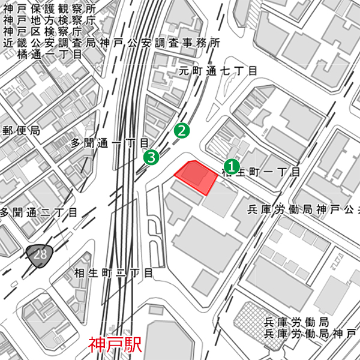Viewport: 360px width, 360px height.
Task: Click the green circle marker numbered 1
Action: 232,166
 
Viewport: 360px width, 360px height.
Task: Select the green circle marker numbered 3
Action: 151,158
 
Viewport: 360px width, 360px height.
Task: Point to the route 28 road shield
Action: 40,254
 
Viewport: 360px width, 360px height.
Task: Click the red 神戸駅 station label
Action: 115,345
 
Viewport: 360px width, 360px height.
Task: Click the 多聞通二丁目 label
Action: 39,212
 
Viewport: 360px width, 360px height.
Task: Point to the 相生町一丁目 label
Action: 261,172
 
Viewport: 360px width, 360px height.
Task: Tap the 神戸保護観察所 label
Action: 49,10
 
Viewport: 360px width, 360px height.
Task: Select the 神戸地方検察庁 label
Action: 49,21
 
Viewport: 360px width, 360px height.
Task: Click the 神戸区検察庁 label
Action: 44,32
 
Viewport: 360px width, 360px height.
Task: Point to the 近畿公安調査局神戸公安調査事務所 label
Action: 112,43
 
